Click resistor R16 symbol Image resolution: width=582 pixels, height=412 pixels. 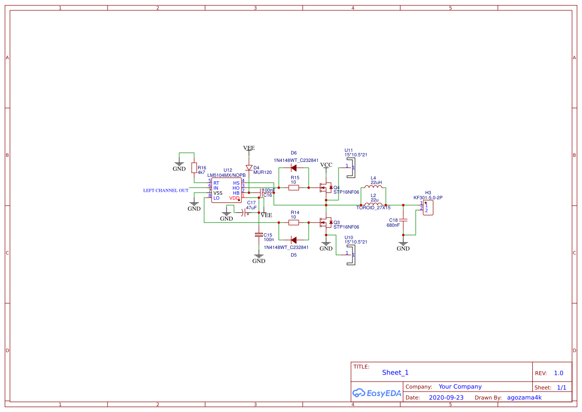[x=194, y=168]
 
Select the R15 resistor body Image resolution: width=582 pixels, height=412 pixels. [x=294, y=187]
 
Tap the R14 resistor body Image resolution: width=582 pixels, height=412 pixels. [x=294, y=222]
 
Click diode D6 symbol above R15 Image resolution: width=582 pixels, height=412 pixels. [x=294, y=168]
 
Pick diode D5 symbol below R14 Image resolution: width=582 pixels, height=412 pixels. [x=294, y=240]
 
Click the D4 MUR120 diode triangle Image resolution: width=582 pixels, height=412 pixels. [x=249, y=168]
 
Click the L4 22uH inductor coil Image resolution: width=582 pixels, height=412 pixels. [x=373, y=187]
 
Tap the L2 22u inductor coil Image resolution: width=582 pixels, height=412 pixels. [x=373, y=204]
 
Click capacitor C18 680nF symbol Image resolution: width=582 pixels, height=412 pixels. [x=403, y=220]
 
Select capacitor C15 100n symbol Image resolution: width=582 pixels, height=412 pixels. [x=258, y=234]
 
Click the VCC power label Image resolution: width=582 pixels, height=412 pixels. [x=326, y=165]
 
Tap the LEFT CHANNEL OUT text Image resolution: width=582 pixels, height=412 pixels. [x=166, y=190]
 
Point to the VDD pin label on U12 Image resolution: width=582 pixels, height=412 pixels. [x=234, y=198]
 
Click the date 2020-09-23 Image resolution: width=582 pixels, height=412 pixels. [x=446, y=398]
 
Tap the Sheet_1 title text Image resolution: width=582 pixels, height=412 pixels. [x=395, y=372]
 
